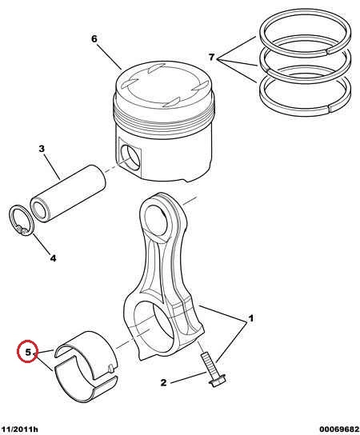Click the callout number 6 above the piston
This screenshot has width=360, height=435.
point(94,39)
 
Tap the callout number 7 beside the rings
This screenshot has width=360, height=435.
point(211,57)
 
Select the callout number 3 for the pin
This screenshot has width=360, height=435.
point(42,149)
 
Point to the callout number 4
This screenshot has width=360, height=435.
point(53,258)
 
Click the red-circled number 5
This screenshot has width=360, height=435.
point(28,353)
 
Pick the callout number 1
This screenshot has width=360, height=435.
point(250,318)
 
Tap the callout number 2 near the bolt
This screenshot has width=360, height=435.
point(163,382)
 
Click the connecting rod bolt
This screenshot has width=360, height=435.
point(212,369)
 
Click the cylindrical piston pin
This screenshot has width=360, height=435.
point(68,194)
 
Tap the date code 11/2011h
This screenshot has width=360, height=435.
point(19,429)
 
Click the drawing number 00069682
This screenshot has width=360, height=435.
point(339,429)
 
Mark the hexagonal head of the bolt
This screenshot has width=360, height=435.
point(218,381)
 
